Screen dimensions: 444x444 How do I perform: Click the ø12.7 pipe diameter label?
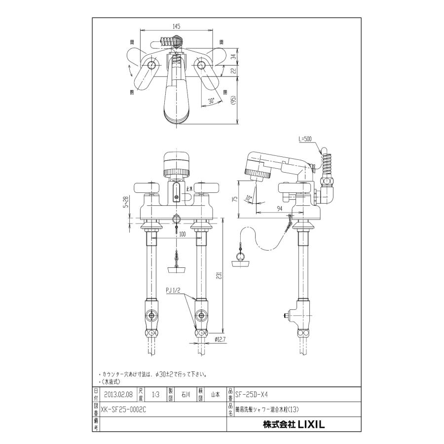(221, 338)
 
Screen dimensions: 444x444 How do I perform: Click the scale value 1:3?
(155, 394)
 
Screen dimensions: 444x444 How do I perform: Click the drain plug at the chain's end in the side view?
(242, 261)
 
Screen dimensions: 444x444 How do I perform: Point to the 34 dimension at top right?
(233, 56)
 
